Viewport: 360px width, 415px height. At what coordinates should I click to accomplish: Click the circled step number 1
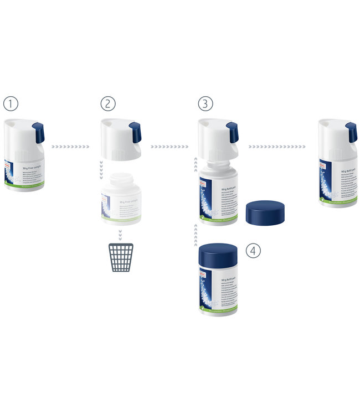pos(11,103)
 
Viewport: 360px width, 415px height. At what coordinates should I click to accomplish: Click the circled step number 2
pos(107,103)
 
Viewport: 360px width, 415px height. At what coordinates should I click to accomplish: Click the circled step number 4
pos(253,250)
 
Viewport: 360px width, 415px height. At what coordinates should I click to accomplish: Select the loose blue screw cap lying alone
pos(265,213)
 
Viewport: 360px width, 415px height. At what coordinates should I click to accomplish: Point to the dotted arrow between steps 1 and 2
pos(70,147)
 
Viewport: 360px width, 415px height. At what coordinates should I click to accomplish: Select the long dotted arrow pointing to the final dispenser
pos(277,147)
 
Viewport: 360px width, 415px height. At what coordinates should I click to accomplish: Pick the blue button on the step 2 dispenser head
pos(135,132)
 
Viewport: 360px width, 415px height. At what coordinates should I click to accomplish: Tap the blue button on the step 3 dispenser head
pos(233,132)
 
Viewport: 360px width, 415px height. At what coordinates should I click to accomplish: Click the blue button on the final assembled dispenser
pos(351,132)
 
